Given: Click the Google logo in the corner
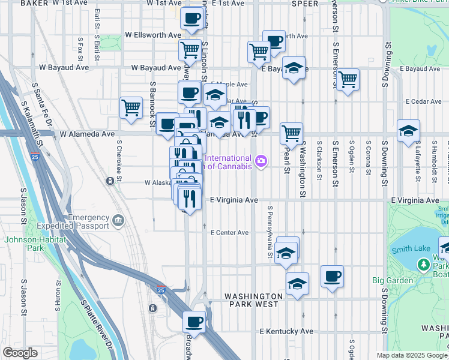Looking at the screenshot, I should (20, 353).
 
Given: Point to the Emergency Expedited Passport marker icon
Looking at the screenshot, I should (119, 221).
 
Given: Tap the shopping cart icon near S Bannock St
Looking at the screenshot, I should (131, 108).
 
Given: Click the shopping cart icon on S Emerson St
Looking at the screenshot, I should (348, 79).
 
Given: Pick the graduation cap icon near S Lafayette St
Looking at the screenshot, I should (408, 130).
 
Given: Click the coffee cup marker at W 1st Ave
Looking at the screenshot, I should (192, 19).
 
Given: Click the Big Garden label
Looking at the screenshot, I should (393, 280).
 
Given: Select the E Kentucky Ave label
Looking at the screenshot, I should (286, 331).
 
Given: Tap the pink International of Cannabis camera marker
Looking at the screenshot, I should (261, 160).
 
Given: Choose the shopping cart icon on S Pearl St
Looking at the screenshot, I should (291, 133).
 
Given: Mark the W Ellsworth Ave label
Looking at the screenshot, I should (152, 35).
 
